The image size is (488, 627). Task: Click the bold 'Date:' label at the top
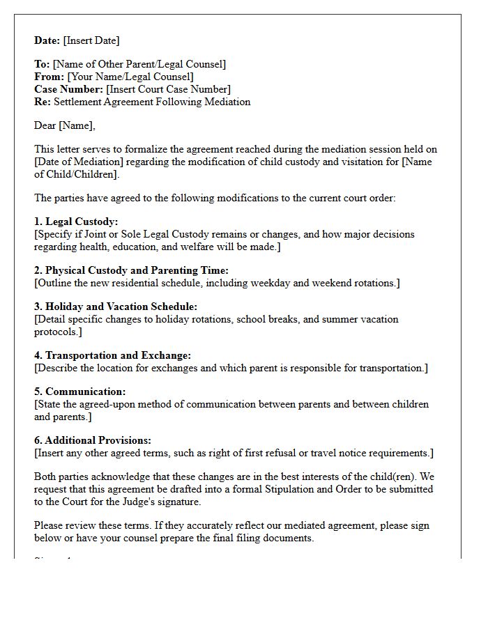pyautogui.click(x=47, y=40)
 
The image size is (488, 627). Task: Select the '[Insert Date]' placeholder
pyautogui.click(x=91, y=40)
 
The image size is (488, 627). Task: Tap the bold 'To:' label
pyautogui.click(x=42, y=64)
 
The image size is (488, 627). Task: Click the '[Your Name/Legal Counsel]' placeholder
pyautogui.click(x=130, y=77)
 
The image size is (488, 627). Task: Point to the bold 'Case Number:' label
pyautogui.click(x=68, y=89)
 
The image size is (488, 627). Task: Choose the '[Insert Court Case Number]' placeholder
pyautogui.click(x=168, y=89)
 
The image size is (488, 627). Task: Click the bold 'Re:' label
pyautogui.click(x=42, y=102)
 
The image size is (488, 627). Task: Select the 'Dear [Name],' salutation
pyautogui.click(x=65, y=125)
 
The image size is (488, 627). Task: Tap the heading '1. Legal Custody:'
pyautogui.click(x=76, y=222)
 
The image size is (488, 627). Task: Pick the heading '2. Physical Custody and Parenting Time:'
pyautogui.click(x=131, y=270)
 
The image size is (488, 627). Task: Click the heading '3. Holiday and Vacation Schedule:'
pyautogui.click(x=116, y=307)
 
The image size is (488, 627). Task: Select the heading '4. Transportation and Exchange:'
pyautogui.click(x=112, y=355)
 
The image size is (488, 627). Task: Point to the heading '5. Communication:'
pyautogui.click(x=79, y=392)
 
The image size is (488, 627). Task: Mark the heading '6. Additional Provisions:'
pyautogui.click(x=93, y=440)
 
